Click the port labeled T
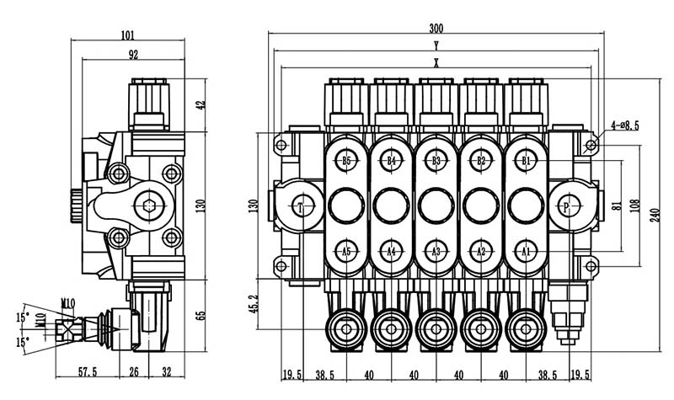(301, 206)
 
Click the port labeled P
(565, 206)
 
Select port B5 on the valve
(346, 160)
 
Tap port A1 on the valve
(526, 251)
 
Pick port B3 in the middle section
(436, 160)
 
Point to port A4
(391, 251)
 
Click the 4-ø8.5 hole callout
(623, 125)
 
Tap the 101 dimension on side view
(128, 35)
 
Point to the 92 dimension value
(132, 55)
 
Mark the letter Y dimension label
(436, 44)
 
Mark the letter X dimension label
(436, 62)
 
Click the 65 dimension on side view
(200, 316)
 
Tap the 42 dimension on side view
(200, 105)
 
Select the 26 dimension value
(134, 371)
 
